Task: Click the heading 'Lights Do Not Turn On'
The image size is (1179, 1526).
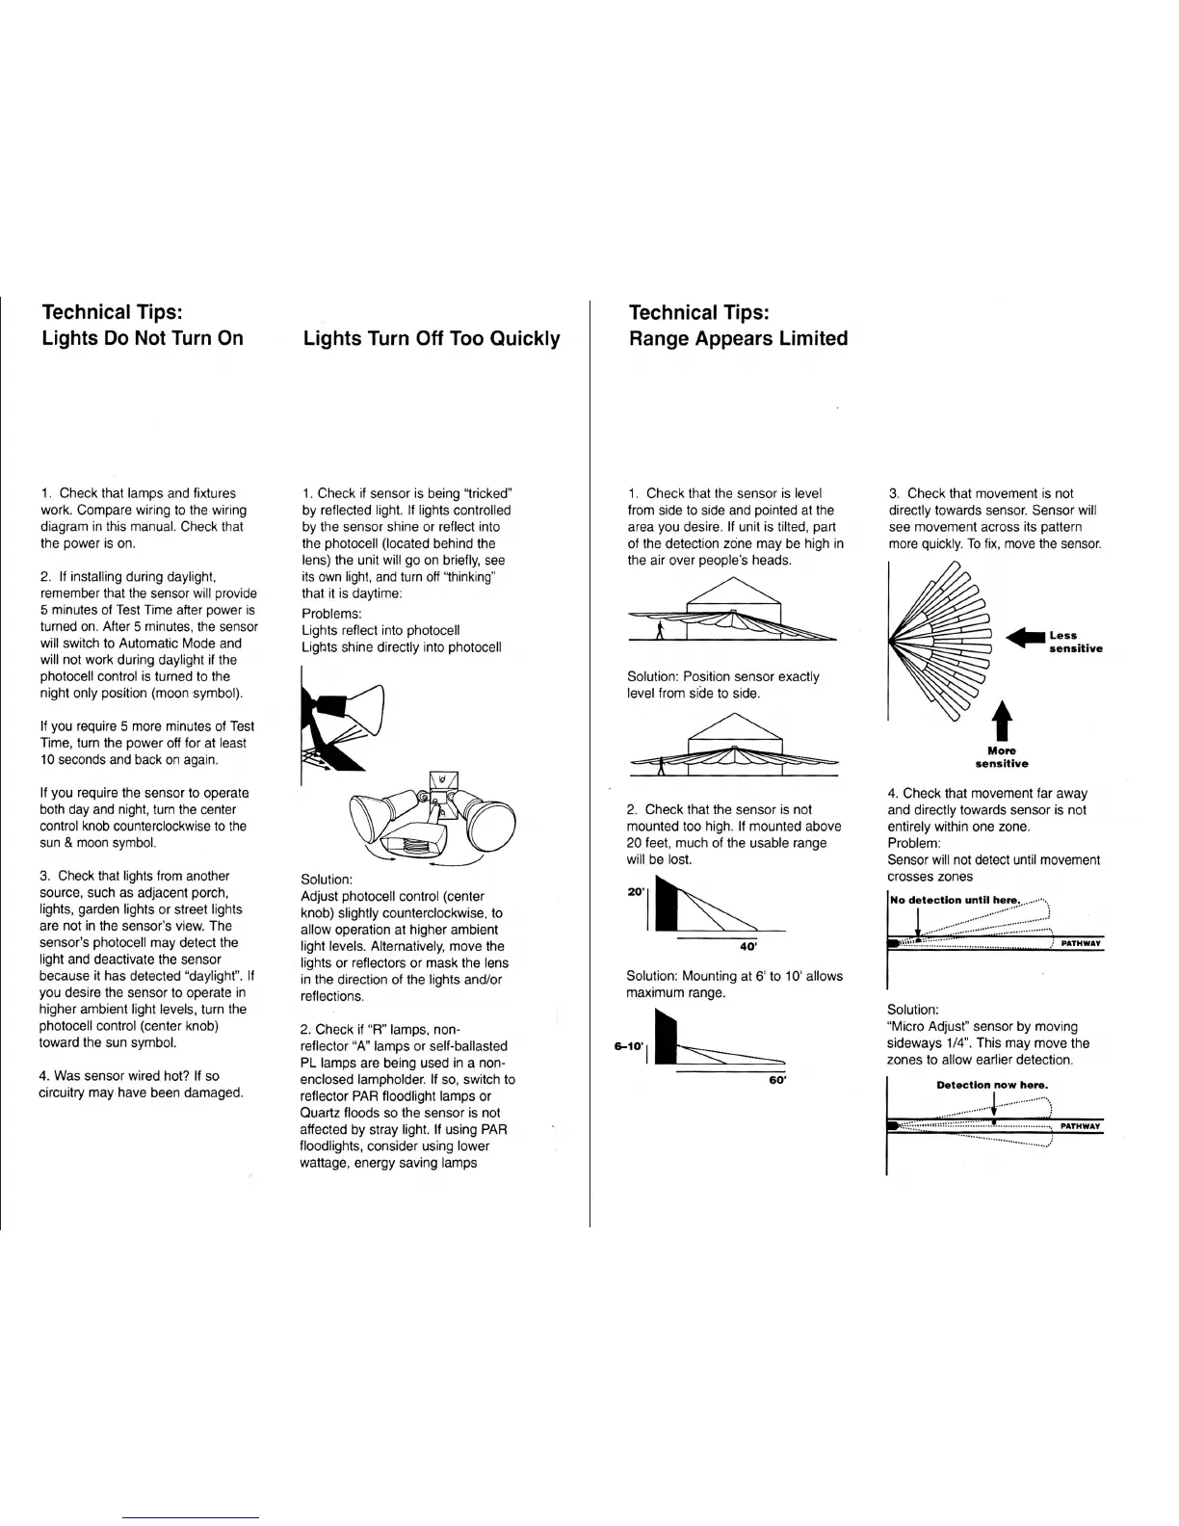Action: pos(143,338)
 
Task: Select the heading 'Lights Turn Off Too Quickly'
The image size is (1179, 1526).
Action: pos(432,338)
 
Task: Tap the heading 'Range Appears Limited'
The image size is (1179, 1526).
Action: pos(738,338)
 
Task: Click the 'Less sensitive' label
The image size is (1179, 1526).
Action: pos(1075,642)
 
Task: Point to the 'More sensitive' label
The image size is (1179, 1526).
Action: pos(1002,757)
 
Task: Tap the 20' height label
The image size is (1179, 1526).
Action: pos(636,892)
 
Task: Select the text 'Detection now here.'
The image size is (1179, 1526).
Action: pos(992,1085)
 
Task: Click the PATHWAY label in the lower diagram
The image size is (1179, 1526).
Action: pos(1080,1125)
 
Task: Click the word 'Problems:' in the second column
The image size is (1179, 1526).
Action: pos(331,614)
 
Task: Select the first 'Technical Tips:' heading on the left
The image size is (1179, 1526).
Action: pos(113,312)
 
